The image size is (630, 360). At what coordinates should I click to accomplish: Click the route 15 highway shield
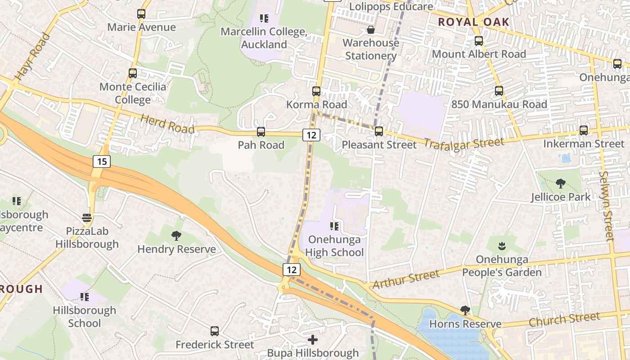pyautogui.click(x=102, y=161)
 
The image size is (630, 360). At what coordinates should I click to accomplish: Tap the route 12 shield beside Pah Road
pyautogui.click(x=311, y=135)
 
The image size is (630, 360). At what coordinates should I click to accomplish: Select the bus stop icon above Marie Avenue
pyautogui.click(x=141, y=14)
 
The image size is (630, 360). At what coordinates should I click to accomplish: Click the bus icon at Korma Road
pyautogui.click(x=316, y=91)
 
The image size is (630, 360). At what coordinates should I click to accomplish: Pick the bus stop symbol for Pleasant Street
pyautogui.click(x=379, y=131)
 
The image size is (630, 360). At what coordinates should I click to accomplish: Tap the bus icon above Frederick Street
pyautogui.click(x=215, y=331)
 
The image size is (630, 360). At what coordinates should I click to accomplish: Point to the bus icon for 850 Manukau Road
pyautogui.click(x=499, y=91)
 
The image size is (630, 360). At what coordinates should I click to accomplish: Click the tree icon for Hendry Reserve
pyautogui.click(x=176, y=235)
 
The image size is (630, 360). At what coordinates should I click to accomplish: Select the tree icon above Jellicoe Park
pyautogui.click(x=560, y=184)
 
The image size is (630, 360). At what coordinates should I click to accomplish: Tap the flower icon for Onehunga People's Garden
pyautogui.click(x=501, y=246)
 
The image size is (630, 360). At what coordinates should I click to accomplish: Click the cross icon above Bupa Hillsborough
pyautogui.click(x=313, y=339)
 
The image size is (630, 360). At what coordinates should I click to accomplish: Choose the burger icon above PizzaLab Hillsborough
pyautogui.click(x=87, y=218)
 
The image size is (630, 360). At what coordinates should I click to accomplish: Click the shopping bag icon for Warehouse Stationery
pyautogui.click(x=371, y=30)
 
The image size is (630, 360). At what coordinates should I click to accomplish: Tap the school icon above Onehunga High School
pyautogui.click(x=334, y=226)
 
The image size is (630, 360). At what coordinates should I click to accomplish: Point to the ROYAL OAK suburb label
pyautogui.click(x=473, y=22)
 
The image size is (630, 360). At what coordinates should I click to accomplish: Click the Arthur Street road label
pyautogui.click(x=405, y=279)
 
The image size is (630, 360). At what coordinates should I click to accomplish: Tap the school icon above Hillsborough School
pyautogui.click(x=84, y=297)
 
